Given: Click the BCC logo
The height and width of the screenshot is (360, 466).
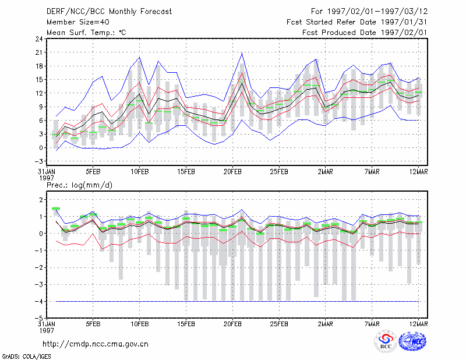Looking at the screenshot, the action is point(386,342).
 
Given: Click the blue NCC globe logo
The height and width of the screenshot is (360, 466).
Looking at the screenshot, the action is point(412,341).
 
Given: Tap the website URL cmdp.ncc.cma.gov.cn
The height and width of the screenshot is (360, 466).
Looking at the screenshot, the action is point(96,344).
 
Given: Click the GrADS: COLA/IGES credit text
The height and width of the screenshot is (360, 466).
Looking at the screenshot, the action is point(26,357).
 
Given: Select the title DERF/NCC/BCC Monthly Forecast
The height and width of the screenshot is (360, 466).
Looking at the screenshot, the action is point(109,12).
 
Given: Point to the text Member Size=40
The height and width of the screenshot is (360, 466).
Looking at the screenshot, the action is point(78,22).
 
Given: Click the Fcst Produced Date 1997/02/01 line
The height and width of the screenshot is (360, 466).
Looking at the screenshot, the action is point(365,33).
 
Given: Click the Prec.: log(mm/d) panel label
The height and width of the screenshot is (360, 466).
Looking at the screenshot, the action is point(79,185).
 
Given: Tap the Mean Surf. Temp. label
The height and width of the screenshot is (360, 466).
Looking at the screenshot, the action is point(86,33).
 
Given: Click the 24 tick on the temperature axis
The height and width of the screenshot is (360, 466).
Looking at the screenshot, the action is point(39,38).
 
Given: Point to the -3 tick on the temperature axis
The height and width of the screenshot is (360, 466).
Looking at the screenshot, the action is point(39,161).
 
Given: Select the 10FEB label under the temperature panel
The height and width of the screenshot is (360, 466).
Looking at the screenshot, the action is point(140,172).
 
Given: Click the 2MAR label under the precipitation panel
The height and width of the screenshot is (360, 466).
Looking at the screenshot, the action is point(326,324).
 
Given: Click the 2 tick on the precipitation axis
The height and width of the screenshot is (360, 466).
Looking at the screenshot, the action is point(41,199).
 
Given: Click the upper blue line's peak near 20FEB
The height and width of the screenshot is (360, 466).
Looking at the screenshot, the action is point(242,53).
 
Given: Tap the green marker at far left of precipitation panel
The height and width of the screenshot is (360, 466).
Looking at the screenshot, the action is point(56,209).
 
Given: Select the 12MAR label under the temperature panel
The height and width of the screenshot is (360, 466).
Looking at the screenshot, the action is point(418,172).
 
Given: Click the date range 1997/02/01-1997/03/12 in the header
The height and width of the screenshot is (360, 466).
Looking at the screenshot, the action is point(377,12).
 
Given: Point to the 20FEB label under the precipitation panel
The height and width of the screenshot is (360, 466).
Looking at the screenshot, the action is point(232,324).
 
